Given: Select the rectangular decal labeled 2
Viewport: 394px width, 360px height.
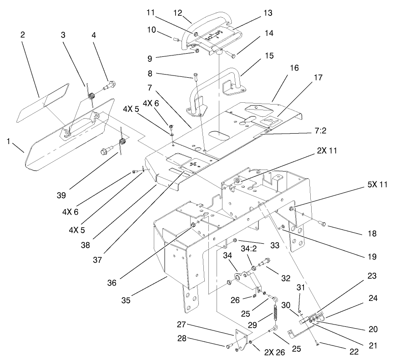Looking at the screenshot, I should (42, 102).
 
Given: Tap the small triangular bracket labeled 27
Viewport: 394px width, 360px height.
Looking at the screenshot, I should (239, 338).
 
